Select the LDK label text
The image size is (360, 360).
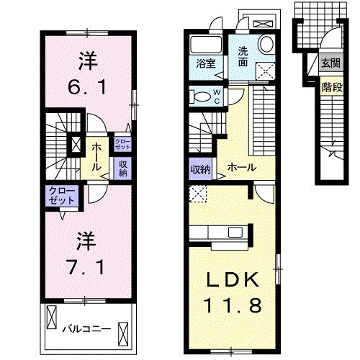coord(230,279)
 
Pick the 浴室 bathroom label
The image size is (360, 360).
coord(205,63)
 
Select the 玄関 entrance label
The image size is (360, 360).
coord(331,63)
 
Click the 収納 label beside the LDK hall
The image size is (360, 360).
coord(200,169)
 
